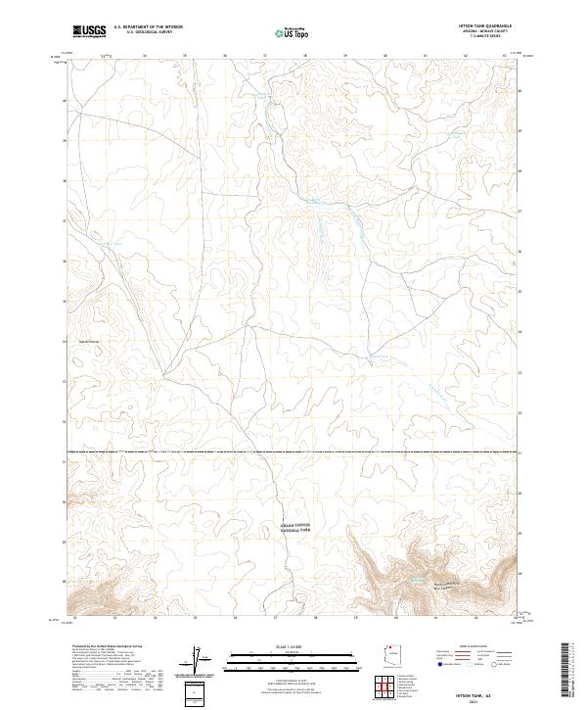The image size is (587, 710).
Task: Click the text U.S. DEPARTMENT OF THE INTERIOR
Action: click(x=148, y=28)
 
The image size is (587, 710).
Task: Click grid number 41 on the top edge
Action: click(x=425, y=56)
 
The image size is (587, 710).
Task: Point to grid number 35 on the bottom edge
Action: click(x=195, y=618)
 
